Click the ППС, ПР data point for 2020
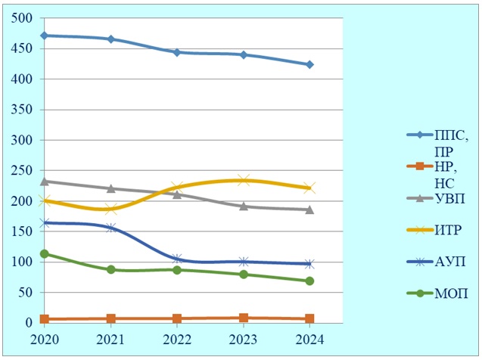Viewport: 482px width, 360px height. pyautogui.click(x=45, y=36)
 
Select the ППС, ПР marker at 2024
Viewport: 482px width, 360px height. pyautogui.click(x=309, y=64)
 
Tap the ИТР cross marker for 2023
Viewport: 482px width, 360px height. pyautogui.click(x=243, y=180)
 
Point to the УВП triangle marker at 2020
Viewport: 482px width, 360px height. pyautogui.click(x=45, y=182)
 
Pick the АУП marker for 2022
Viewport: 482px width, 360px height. pyautogui.click(x=177, y=259)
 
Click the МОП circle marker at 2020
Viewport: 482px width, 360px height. pyautogui.click(x=45, y=254)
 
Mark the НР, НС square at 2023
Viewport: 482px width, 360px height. pyautogui.click(x=243, y=318)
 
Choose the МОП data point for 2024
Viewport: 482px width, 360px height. pyautogui.click(x=309, y=281)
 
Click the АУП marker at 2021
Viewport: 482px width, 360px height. pyautogui.click(x=111, y=227)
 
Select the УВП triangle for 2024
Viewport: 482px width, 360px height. pyautogui.click(x=309, y=209)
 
